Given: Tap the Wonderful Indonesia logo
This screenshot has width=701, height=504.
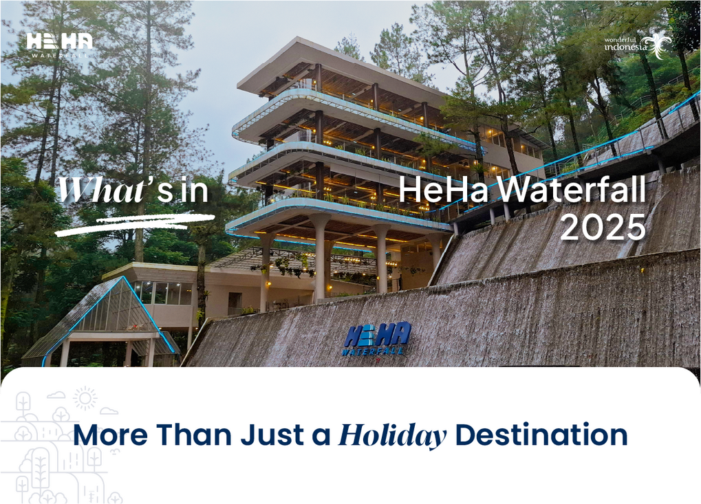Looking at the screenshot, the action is [638, 45].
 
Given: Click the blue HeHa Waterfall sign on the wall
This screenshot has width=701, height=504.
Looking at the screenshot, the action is [377, 339].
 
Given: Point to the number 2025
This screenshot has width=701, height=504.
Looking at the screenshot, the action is [603, 227].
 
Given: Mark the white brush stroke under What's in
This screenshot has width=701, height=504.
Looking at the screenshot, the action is [135, 224].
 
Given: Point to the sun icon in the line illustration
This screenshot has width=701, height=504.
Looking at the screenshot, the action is [85, 398].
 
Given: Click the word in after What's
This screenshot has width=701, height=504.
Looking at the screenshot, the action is [195, 190].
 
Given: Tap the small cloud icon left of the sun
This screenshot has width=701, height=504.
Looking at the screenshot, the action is [56, 395].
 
